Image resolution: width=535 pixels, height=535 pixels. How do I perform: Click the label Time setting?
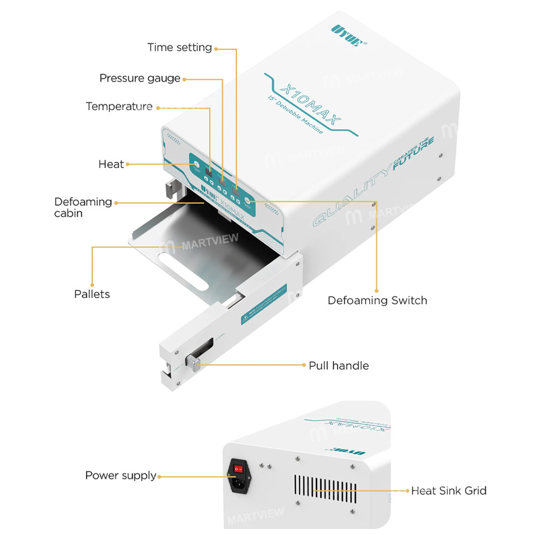pyautogui.click(x=180, y=48)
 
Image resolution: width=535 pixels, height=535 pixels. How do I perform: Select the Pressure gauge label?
pyautogui.click(x=140, y=79)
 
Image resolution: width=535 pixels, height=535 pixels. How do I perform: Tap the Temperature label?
pyautogui.click(x=119, y=106)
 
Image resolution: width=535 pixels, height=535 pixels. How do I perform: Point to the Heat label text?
pyautogui.click(x=111, y=164)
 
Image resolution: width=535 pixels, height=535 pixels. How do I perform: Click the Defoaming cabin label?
pyautogui.click(x=83, y=208)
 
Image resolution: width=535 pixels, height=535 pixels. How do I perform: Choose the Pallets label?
pyautogui.click(x=92, y=294)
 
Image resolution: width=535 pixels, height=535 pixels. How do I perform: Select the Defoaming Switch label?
pyautogui.click(x=377, y=300)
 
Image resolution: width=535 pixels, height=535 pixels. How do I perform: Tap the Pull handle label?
pyautogui.click(x=339, y=366)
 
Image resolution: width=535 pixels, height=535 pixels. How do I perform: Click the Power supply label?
pyautogui.click(x=120, y=476)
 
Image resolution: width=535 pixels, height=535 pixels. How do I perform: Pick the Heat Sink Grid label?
pyautogui.click(x=448, y=491)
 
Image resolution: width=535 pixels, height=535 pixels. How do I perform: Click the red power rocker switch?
pyautogui.click(x=239, y=469)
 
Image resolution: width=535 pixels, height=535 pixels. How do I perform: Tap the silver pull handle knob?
pyautogui.click(x=192, y=364)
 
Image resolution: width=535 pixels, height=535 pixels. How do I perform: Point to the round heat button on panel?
pyautogui.click(x=196, y=165)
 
